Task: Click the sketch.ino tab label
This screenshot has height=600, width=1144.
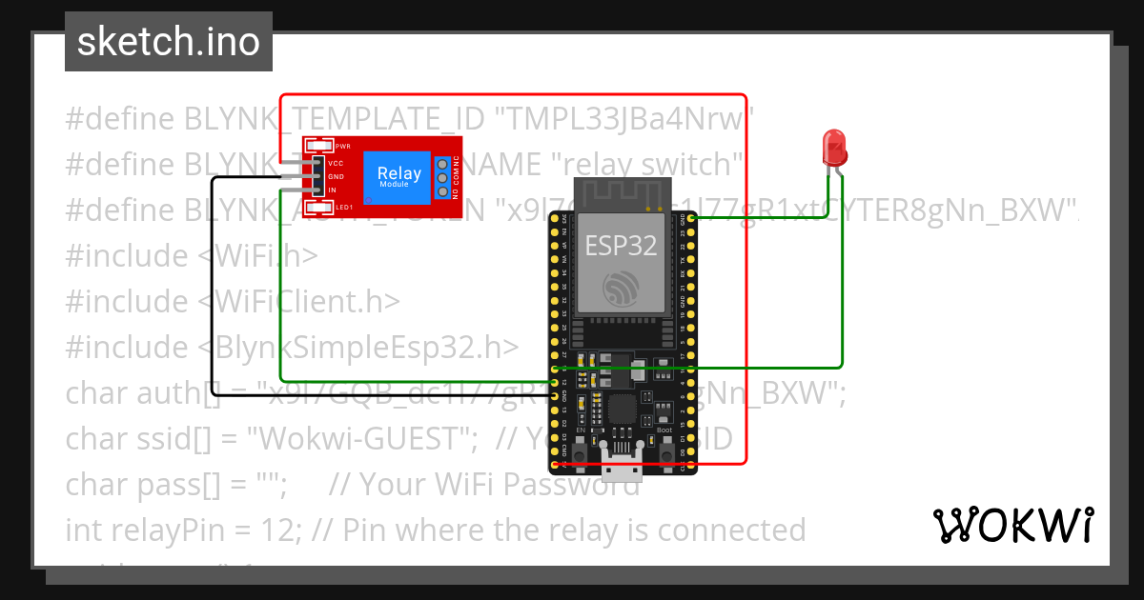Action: pyautogui.click(x=168, y=42)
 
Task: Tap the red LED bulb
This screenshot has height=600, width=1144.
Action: pyautogui.click(x=834, y=149)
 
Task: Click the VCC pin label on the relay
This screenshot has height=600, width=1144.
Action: pyautogui.click(x=336, y=164)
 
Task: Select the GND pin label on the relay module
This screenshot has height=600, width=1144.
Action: pyautogui.click(x=336, y=177)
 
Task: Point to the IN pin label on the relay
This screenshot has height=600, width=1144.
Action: pyautogui.click(x=333, y=190)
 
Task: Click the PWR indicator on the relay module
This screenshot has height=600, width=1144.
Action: pyautogui.click(x=342, y=146)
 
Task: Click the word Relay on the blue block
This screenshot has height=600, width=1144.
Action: pyautogui.click(x=398, y=173)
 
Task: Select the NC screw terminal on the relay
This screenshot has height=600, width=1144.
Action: pyautogui.click(x=442, y=162)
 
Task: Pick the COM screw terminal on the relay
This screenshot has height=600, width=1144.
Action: pyautogui.click(x=442, y=177)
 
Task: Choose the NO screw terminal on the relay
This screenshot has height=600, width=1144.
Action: pyautogui.click(x=442, y=192)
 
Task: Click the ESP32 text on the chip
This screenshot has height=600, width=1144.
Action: pyautogui.click(x=621, y=245)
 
